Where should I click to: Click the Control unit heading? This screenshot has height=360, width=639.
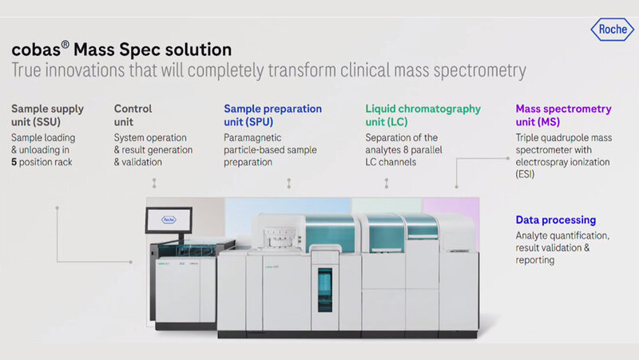click(134, 114)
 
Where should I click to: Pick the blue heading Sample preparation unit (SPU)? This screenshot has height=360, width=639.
click(272, 114)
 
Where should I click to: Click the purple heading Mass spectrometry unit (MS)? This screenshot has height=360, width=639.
click(563, 114)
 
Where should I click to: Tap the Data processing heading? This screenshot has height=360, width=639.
click(555, 220)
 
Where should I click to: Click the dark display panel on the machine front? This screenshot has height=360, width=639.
click(323, 291)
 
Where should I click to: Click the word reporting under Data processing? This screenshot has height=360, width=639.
click(536, 259)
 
